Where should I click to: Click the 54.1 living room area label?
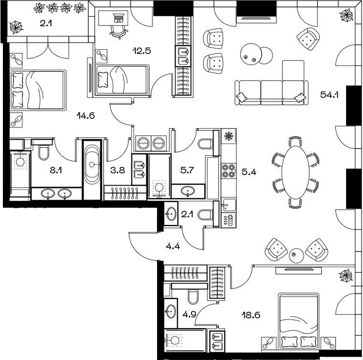tap(329, 95)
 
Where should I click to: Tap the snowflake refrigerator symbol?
tap(228, 137)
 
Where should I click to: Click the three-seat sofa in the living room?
tap(271, 92)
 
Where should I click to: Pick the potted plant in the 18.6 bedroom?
tap(346, 276)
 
